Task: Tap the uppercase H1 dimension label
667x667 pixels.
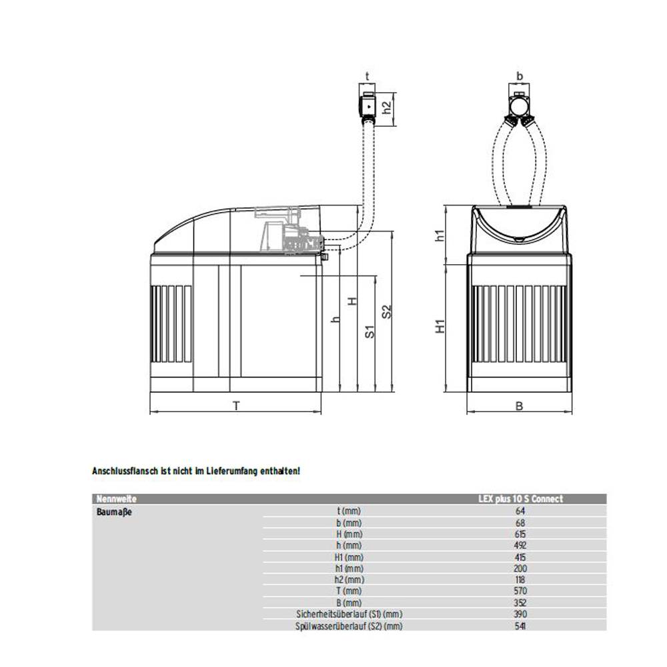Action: point(440,326)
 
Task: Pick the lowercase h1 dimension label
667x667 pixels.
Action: point(440,235)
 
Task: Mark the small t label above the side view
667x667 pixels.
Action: point(367,76)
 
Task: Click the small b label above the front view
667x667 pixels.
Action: point(520,76)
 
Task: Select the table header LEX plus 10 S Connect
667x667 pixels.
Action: point(520,499)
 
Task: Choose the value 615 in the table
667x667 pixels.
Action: point(520,534)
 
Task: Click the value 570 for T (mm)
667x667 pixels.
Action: point(520,591)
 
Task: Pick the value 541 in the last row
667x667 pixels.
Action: point(520,626)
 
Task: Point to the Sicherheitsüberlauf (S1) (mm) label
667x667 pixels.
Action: point(350,614)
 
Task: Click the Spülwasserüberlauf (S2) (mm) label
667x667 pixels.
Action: point(350,626)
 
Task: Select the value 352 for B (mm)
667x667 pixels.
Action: point(520,602)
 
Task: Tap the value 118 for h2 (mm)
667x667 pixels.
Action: point(520,580)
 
